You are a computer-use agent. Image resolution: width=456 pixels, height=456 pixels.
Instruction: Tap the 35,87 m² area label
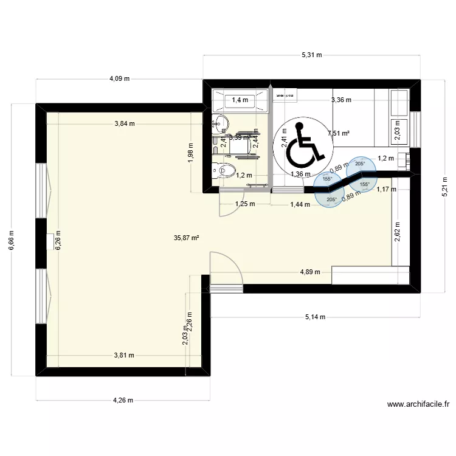click(x=187, y=239)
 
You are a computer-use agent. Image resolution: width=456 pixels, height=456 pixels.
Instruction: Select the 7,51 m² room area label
click(x=338, y=133)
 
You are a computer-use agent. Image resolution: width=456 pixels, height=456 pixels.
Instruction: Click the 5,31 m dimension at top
click(x=311, y=55)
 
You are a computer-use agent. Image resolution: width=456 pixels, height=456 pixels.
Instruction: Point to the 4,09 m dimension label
click(x=119, y=78)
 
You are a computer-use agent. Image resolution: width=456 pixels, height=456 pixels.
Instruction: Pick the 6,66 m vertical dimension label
click(x=13, y=239)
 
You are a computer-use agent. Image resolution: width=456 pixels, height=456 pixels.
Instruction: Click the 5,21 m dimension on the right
click(x=444, y=190)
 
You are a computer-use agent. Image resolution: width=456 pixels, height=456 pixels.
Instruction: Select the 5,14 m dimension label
click(x=315, y=317)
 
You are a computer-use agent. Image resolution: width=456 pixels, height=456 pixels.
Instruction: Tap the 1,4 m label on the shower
click(x=240, y=101)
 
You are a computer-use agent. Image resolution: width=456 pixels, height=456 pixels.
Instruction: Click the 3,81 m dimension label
click(x=124, y=356)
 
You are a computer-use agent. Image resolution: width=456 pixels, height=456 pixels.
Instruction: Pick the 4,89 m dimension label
click(x=310, y=272)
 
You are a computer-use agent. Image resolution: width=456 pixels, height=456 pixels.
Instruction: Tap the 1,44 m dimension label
click(x=300, y=204)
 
